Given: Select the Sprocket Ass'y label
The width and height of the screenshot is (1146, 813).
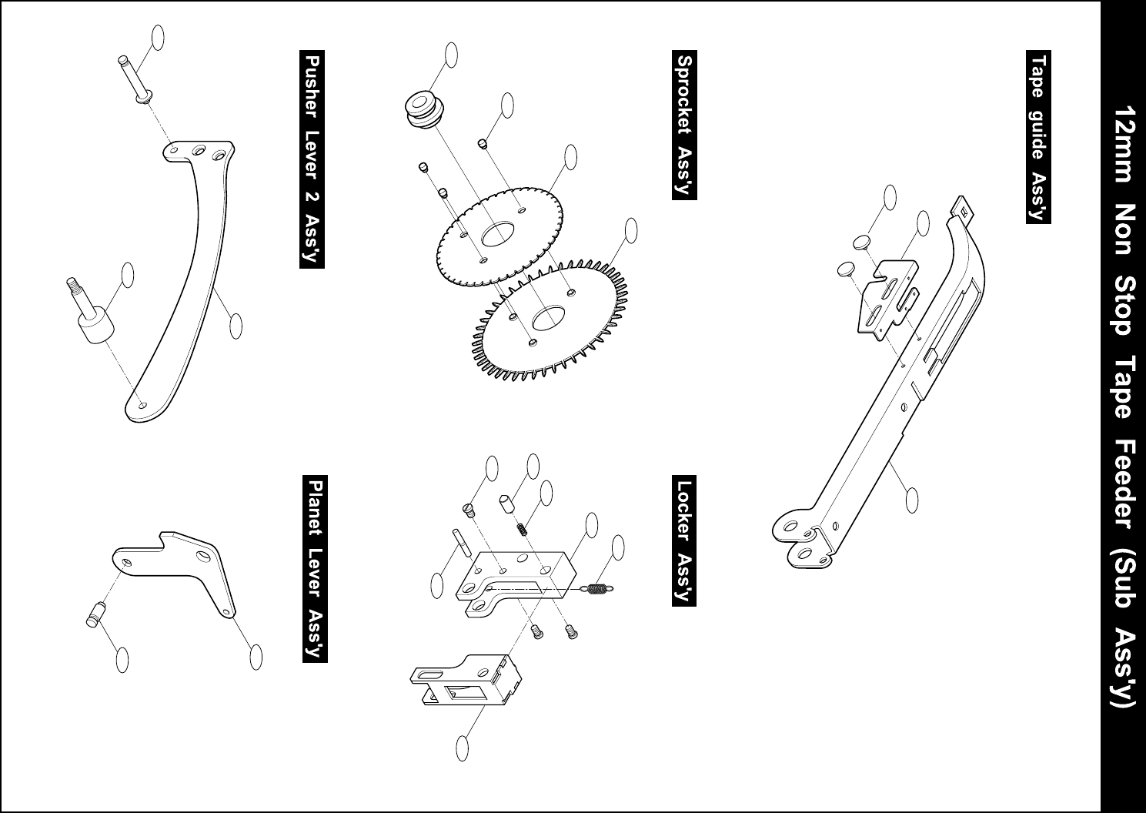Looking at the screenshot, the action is click(684, 125).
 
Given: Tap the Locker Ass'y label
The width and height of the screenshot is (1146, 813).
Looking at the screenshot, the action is click(684, 542).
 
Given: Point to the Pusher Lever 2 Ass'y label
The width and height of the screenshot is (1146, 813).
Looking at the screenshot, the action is click(312, 159).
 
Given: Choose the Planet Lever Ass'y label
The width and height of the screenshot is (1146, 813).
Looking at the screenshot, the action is click(315, 570).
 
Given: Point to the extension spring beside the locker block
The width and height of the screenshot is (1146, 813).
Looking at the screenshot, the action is click(597, 590).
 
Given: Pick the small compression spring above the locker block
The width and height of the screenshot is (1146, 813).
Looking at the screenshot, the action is click(521, 527).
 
